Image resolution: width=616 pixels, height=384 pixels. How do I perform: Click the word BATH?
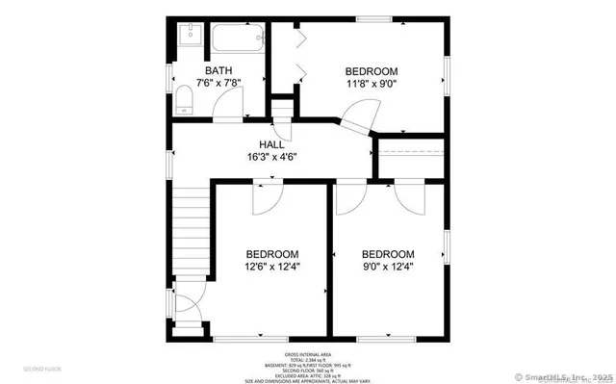click(218, 70)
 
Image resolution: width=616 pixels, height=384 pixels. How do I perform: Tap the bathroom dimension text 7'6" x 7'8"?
click(218, 83)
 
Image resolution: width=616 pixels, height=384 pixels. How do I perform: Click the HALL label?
click(271, 143)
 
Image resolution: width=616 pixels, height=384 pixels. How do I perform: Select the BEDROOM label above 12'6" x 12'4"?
click(272, 254)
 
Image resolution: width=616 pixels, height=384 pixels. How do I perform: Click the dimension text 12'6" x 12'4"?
click(272, 267)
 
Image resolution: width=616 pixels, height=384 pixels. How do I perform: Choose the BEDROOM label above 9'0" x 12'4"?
click(388, 254)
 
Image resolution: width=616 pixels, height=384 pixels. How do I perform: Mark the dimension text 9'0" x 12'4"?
click(388, 267)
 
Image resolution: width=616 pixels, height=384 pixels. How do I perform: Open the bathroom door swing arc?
click(222, 111)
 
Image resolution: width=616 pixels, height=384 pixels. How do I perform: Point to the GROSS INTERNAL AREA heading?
click(310, 354)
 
